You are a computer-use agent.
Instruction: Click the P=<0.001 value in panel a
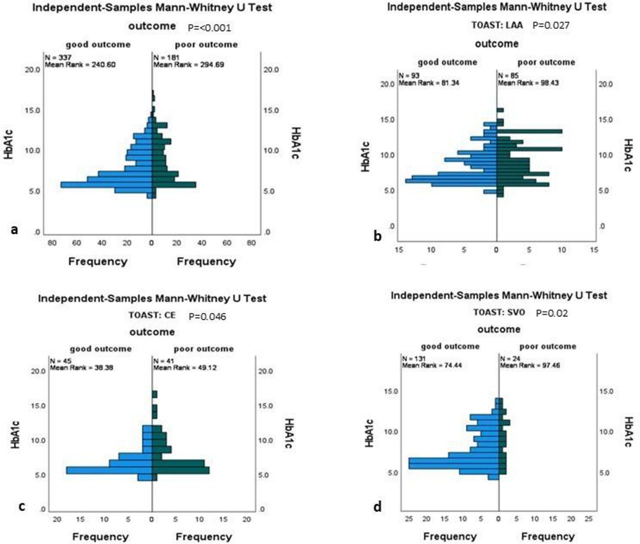(209, 28)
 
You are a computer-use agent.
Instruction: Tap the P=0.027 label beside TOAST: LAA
(550, 25)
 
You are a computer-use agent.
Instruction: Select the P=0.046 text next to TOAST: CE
(207, 316)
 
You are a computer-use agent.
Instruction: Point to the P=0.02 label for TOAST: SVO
(551, 313)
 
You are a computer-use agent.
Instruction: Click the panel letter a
(14, 229)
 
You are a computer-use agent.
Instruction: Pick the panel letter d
(377, 507)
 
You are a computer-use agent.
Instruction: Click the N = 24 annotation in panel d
(509, 358)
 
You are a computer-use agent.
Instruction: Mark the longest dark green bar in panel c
(180, 470)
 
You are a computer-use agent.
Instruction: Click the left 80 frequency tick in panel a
(52, 243)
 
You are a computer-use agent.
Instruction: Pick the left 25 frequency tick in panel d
(408, 519)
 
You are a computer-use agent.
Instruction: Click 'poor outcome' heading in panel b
(546, 62)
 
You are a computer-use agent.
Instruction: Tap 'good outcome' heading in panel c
(100, 349)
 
